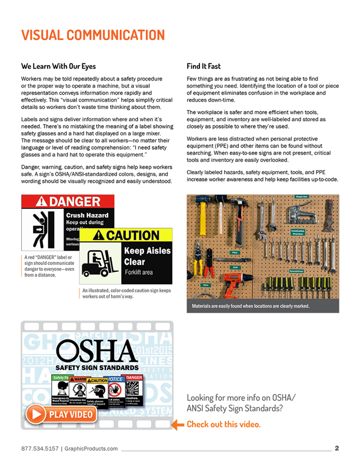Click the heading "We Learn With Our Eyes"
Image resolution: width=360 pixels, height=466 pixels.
58,66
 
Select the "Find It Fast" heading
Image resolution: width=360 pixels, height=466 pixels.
204,66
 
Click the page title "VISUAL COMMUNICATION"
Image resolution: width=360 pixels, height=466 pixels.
93,35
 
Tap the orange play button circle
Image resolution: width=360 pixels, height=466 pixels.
36,414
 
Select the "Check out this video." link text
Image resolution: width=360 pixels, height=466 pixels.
223,424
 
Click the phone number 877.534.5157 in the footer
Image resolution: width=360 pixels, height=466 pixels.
38,449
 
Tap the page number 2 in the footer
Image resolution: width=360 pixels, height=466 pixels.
337,448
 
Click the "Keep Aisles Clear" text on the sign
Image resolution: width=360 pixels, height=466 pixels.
147,255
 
